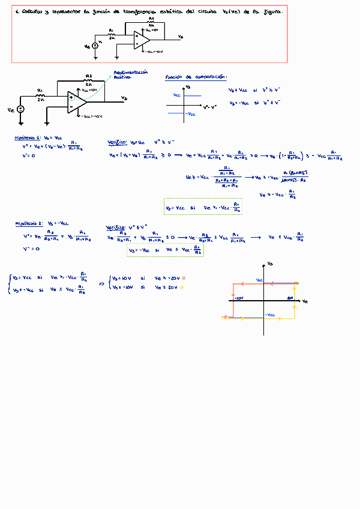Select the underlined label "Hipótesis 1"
tap(28, 138)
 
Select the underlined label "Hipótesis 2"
tap(29, 223)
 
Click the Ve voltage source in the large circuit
tap(21, 109)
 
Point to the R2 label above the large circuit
tap(88, 76)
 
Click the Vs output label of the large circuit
tap(124, 98)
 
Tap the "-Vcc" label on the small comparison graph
tap(190, 113)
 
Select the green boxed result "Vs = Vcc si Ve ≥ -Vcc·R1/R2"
tap(203, 207)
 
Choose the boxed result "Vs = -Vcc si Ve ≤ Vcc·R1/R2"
tap(165, 251)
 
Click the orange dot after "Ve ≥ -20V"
tap(184, 278)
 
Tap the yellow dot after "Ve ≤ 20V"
tap(182, 288)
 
